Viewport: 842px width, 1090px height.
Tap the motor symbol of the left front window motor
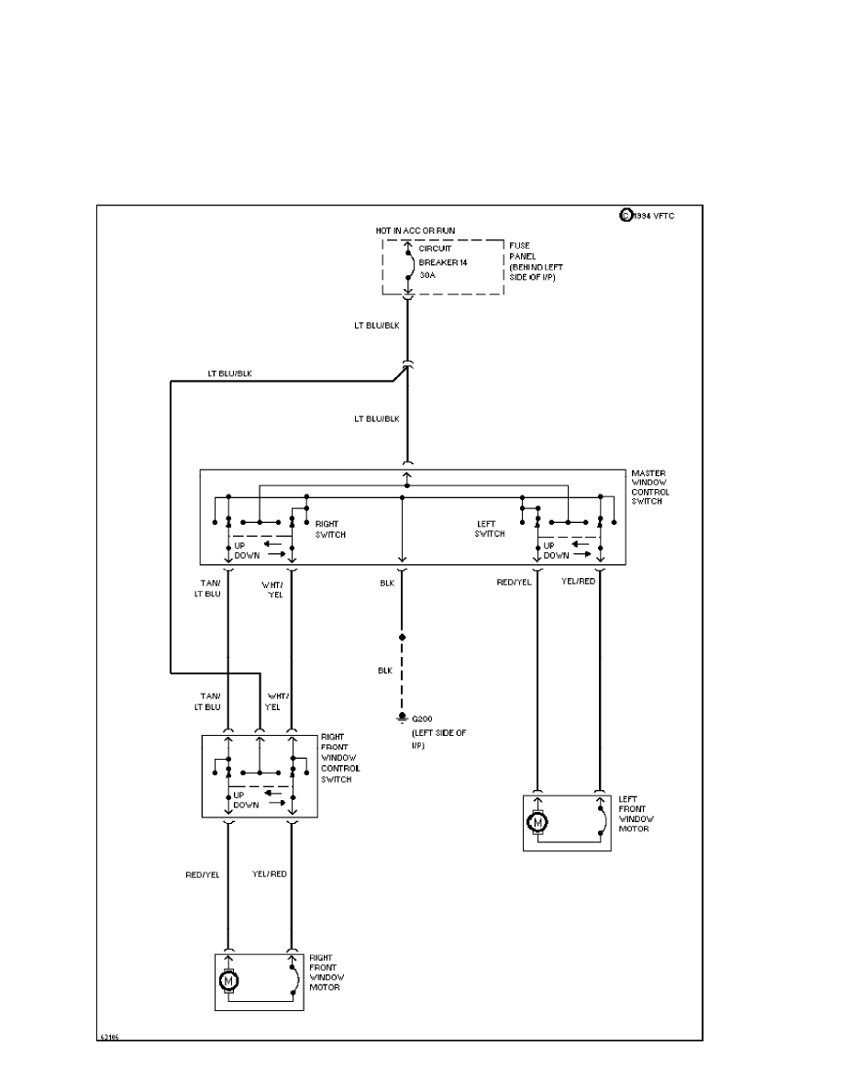point(537,822)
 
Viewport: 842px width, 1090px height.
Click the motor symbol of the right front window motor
point(228,982)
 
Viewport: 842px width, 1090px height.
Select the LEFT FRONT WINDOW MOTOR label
point(634,815)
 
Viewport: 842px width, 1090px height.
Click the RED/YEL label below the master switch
point(514,581)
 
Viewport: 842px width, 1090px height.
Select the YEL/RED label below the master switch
point(579,581)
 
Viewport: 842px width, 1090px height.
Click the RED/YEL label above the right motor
point(202,874)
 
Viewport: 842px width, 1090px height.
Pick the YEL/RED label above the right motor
point(270,874)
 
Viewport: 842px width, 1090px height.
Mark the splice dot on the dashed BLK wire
point(402,636)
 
